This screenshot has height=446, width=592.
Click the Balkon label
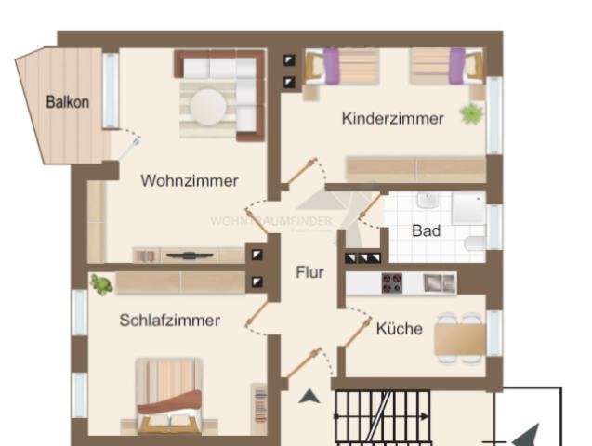(x=68, y=101)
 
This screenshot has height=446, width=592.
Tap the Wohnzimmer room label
(x=190, y=180)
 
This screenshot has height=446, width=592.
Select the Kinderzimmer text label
(x=392, y=118)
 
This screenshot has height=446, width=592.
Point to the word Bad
(x=426, y=230)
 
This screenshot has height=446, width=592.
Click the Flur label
(x=309, y=272)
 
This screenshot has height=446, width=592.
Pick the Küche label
(x=400, y=328)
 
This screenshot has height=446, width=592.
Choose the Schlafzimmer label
(x=169, y=320)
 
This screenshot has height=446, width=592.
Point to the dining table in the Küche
(x=459, y=336)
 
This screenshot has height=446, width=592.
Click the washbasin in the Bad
(x=428, y=201)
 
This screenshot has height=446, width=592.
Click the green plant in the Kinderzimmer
(x=472, y=114)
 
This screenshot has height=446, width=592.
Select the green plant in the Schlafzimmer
(x=101, y=284)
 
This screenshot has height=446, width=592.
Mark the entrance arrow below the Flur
(x=309, y=397)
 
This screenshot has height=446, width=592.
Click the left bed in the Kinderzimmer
(x=349, y=66)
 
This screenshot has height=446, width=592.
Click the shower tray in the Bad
(x=468, y=209)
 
